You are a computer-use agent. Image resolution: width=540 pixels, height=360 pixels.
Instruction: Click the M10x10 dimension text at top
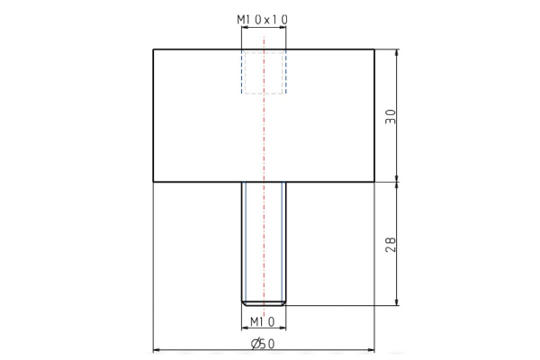[x=263, y=19]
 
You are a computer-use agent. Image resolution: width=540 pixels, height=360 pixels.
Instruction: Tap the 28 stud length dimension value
[x=390, y=244]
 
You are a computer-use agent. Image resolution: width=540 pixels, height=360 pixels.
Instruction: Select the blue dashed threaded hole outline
[x=263, y=72]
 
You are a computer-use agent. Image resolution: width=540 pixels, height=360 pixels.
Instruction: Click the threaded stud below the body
[x=263, y=238]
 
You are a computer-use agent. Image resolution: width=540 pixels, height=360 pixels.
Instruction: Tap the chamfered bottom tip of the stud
[x=263, y=302]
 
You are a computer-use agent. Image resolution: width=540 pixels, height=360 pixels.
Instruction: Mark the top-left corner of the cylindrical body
[x=153, y=49]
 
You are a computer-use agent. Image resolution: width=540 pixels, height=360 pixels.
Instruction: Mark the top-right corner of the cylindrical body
[x=373, y=49]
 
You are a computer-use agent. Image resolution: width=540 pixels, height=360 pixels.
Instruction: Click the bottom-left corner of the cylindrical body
[x=153, y=183]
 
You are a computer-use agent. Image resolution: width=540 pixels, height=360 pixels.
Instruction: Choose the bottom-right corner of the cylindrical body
[x=373, y=183]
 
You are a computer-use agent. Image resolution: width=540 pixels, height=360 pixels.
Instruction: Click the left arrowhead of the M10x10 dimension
[x=245, y=29]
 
